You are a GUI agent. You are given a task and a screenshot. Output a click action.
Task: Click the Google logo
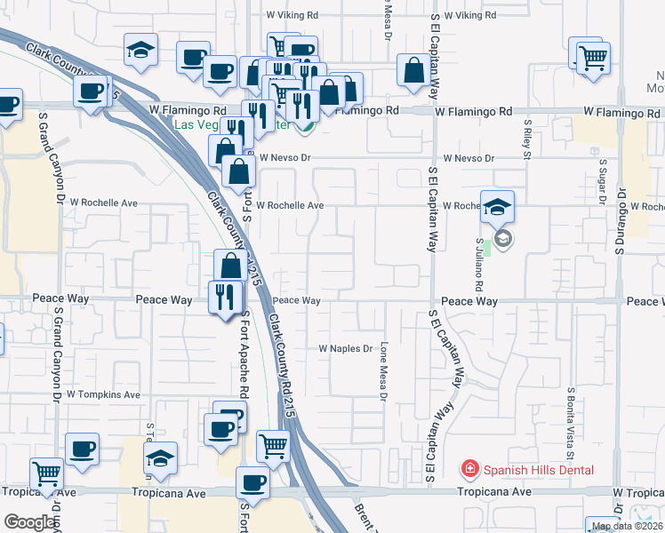click(29, 522)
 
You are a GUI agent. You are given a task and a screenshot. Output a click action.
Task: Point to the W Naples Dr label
click(345, 349)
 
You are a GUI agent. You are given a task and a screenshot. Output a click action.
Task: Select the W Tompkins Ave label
click(103, 394)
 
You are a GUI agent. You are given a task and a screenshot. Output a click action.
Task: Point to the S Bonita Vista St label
click(570, 418)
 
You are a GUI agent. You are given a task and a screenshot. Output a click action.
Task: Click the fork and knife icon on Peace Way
click(224, 296)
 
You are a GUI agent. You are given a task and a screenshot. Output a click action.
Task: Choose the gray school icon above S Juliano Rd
click(503, 239)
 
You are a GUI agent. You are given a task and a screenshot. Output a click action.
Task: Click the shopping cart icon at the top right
click(592, 57)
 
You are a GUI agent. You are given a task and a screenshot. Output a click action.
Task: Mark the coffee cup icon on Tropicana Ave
click(252, 483)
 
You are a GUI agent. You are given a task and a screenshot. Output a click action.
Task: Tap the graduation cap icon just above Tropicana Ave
click(159, 458)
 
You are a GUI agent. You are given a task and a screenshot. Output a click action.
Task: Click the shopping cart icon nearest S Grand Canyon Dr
click(46, 473)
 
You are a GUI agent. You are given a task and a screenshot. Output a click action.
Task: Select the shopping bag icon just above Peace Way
click(230, 266)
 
